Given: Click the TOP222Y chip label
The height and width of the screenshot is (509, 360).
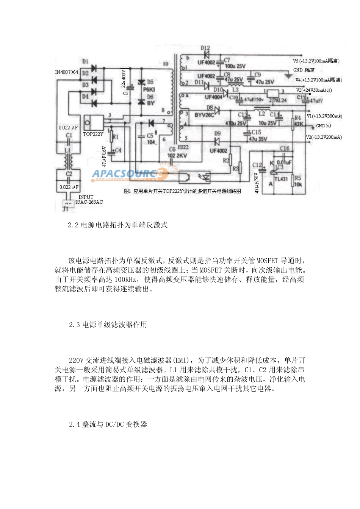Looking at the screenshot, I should coord(93,134).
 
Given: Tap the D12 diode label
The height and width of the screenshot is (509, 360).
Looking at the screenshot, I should coord(205,48).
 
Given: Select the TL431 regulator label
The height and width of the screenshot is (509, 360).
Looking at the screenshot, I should coord(281,179).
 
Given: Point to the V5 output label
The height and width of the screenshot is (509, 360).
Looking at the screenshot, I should coord(316,61).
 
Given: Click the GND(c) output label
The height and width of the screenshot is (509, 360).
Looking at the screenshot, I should coord(323,126).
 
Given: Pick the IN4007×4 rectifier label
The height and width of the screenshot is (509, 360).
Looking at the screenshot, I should coord(66,72).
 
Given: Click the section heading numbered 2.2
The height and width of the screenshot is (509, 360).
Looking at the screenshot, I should coord(117,225).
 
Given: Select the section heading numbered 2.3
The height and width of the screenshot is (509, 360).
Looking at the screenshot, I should coord(108,325).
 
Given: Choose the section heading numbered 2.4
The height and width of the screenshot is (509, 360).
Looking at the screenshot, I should coord(108,425).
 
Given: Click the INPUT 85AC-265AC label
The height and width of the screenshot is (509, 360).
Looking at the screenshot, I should coord(89,200).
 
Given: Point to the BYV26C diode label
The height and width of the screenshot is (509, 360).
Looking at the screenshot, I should coord(204,115).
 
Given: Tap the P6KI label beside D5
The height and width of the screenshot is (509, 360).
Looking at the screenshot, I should coord(149,89).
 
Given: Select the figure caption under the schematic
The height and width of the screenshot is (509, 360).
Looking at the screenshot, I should coord(182,191).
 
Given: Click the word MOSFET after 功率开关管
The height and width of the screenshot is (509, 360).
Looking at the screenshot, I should coord(268,261).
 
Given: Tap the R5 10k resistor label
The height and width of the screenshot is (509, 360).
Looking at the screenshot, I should coord(298,181).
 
